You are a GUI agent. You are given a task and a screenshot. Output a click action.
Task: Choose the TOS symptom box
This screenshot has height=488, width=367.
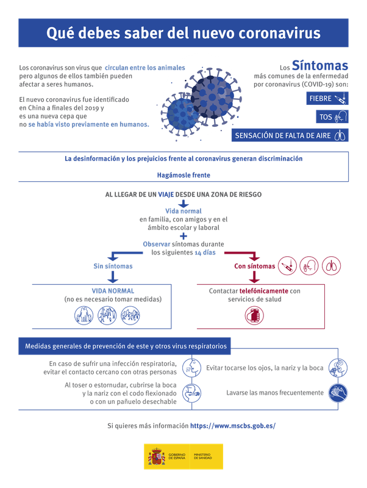(333, 116)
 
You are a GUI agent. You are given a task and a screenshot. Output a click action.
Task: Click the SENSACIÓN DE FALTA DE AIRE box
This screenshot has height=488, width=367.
(290, 135)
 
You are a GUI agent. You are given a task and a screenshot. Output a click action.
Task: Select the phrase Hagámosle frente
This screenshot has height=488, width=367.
(184, 174)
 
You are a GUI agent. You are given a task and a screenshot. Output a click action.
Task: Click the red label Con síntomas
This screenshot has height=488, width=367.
(253, 266)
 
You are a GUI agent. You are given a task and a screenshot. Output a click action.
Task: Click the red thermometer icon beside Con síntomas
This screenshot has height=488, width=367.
(287, 265)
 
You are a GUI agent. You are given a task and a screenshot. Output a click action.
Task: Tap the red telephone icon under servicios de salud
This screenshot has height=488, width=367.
(253, 315)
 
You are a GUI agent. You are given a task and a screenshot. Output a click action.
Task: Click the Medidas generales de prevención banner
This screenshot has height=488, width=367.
(126, 346)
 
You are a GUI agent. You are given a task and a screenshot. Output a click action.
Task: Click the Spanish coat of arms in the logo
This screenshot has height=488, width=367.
(155, 456)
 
